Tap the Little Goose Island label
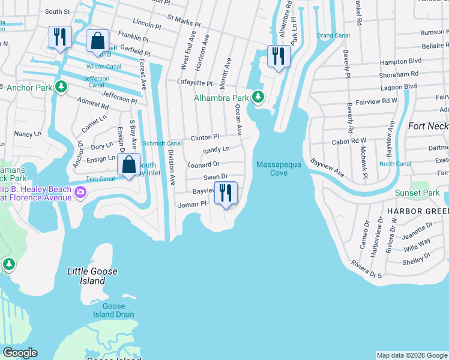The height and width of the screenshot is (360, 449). tap(92, 276)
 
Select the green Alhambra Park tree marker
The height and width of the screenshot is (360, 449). tap(258, 97)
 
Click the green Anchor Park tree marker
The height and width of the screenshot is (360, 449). tap(61, 88)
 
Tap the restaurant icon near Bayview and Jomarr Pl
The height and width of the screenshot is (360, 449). tap(226, 193)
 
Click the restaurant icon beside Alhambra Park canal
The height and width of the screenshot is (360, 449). tap(278, 56)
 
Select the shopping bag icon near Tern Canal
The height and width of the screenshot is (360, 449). tap(128, 164)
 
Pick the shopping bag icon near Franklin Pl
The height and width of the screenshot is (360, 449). tap(97, 42)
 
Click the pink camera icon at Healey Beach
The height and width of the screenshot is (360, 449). tap(80, 193)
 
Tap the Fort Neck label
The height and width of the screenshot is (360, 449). tap(427, 126)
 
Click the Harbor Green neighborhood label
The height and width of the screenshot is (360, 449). tap(417, 211)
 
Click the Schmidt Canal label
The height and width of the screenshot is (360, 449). tap(161, 143)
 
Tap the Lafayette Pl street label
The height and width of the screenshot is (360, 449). tap(194, 82)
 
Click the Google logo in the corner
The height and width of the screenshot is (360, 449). tap(19, 353)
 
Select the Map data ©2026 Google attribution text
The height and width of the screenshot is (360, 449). tap(411, 355)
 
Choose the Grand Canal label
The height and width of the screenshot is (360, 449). tap(333, 35)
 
